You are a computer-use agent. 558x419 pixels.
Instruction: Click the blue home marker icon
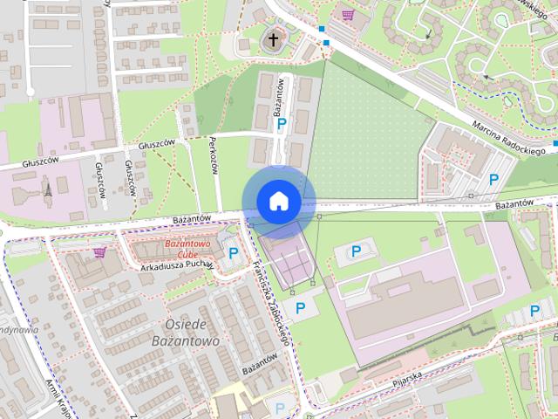278,202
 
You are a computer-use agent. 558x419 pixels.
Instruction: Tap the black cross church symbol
274,39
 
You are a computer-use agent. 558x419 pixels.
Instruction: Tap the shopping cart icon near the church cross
348,15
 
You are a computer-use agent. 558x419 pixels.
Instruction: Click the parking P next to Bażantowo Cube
233,253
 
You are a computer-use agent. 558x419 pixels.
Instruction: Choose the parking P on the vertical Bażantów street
281,126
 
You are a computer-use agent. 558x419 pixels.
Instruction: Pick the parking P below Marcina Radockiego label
493,181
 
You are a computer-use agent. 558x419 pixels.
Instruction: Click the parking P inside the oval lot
356,252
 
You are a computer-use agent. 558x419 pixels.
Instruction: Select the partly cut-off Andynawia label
19,331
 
